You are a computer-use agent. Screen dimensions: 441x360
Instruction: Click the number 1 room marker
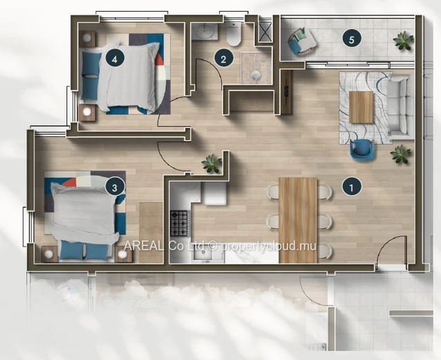351,187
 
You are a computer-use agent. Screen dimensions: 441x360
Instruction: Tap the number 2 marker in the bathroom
223,59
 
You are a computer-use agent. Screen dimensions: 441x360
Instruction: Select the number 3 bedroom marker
115,187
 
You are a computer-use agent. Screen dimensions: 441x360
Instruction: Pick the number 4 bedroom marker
115,59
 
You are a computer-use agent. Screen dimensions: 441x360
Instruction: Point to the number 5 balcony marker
352,39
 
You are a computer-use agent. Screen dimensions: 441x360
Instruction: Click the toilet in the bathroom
234,34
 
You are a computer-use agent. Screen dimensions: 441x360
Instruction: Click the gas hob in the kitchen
180,223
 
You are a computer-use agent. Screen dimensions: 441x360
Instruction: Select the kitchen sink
204,255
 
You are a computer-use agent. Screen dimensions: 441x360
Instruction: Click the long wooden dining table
298,220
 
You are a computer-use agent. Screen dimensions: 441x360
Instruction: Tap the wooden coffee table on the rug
361,107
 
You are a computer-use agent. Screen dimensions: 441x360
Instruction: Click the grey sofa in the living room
400,106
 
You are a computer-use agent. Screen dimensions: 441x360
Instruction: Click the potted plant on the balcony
404,41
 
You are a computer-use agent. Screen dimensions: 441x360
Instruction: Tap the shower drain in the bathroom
256,75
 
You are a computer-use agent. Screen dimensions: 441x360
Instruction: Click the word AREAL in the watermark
143,245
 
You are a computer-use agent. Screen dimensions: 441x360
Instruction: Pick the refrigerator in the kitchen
215,193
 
